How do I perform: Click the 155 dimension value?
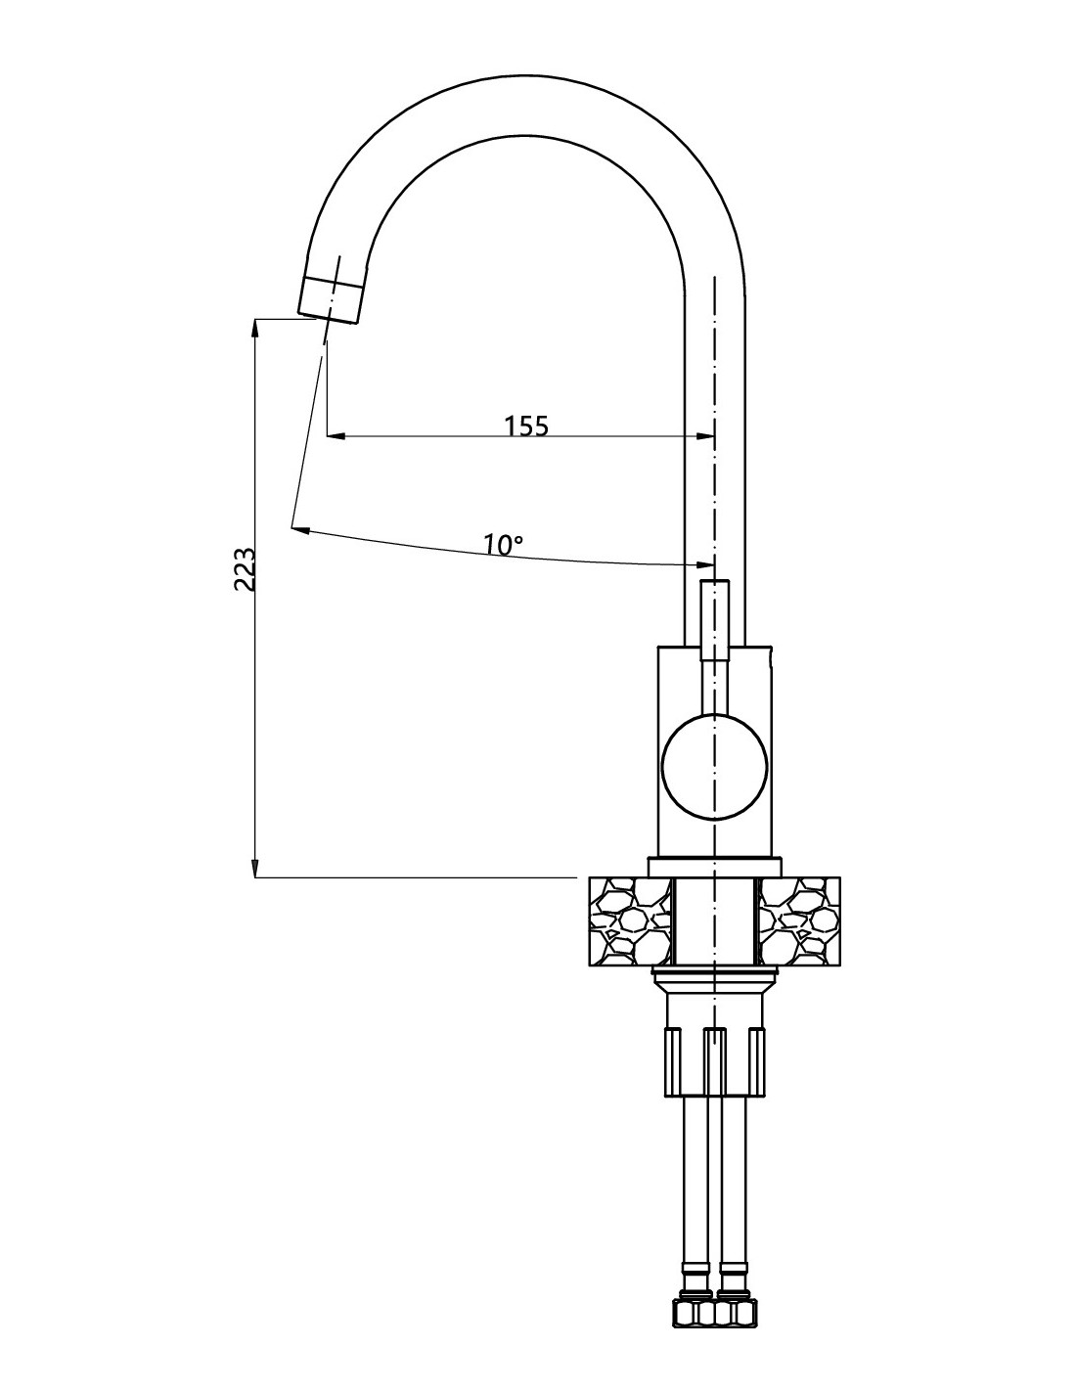pyautogui.click(x=526, y=426)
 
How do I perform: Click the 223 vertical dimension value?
pyautogui.click(x=246, y=569)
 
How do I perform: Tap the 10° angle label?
pyautogui.click(x=503, y=545)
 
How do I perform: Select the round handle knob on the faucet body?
pyautogui.click(x=714, y=767)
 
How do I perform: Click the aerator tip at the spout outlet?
pyautogui.click(x=331, y=301)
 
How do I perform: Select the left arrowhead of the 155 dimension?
pyautogui.click(x=336, y=436)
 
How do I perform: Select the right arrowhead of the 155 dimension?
pyautogui.click(x=705, y=436)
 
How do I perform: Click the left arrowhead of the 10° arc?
pyautogui.click(x=301, y=530)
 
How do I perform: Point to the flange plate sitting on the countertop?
pyautogui.click(x=714, y=867)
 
